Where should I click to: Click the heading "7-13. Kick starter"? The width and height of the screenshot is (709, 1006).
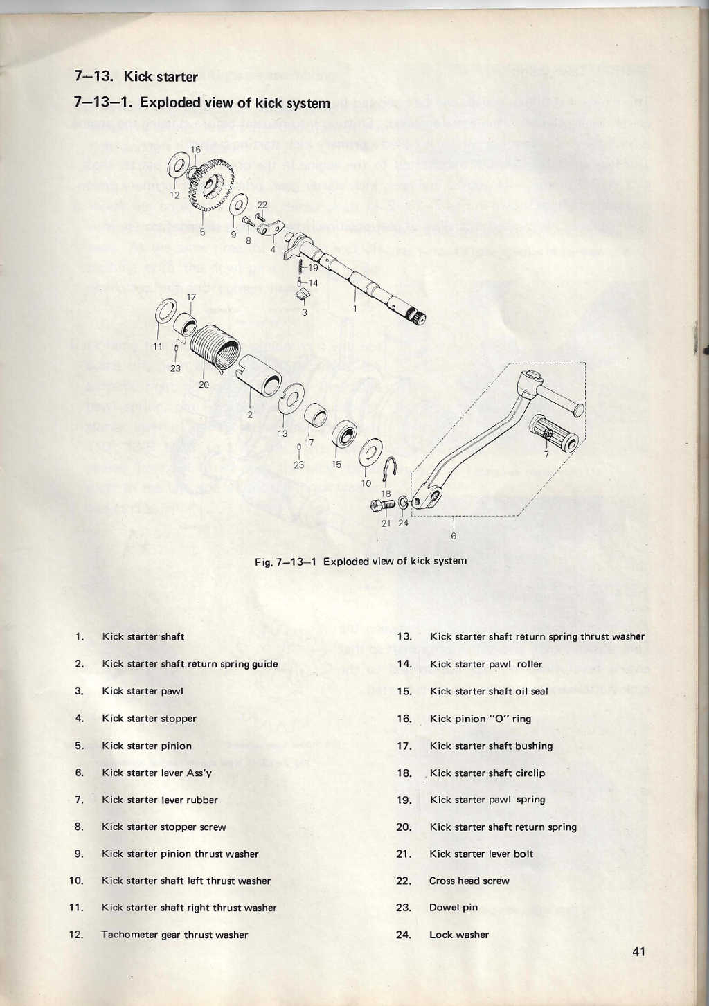pos(136,76)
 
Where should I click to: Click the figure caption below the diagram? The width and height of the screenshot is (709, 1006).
pos(360,561)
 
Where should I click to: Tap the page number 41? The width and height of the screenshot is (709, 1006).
pos(638,951)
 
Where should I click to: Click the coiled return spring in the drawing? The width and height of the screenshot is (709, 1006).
pos(216,349)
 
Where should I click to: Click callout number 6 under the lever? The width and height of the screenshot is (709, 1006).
pos(454,534)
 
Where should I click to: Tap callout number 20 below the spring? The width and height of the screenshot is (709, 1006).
pos(204,384)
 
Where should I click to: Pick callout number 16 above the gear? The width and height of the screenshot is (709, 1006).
pos(195,150)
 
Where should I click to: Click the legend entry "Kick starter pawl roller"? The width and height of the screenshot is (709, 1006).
pos(485,664)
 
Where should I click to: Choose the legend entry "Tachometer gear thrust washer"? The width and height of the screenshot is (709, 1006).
pos(174,935)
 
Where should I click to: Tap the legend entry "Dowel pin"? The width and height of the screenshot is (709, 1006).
pos(453,908)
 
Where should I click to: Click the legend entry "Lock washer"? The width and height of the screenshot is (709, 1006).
pos(458,935)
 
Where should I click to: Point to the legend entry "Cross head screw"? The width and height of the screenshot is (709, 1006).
pos(469,881)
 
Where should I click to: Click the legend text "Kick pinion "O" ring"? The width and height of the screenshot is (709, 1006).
pos(480,719)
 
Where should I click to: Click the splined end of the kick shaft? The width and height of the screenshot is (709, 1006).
pos(417,317)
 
